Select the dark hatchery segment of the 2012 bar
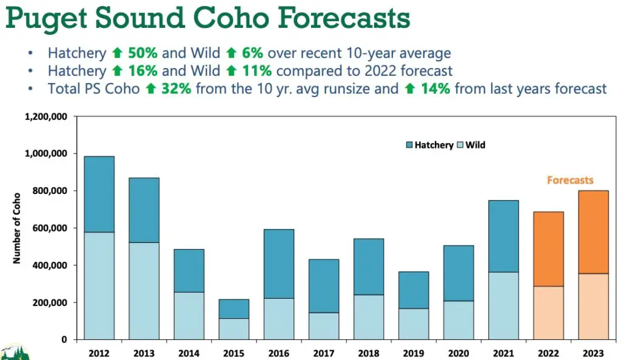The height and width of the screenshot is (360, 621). click(99, 194)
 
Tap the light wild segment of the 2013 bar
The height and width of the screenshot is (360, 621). click(144, 291)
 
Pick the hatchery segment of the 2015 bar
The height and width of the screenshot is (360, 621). click(234, 309)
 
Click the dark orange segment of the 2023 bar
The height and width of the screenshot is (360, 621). click(593, 232)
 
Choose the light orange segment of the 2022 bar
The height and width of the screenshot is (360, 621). click(548, 313)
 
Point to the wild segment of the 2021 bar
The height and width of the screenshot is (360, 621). click(503, 306)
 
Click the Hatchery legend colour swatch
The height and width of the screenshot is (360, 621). click(409, 145)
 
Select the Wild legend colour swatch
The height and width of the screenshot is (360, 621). click(460, 145)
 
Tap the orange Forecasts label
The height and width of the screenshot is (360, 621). click(570, 181)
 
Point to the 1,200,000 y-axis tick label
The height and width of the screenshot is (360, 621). click(46, 117)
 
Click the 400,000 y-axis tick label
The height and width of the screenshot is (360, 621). click(50, 265)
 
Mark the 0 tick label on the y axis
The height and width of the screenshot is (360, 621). click(64, 340)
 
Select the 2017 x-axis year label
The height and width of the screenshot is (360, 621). click(324, 353)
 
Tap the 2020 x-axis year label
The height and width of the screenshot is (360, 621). click(458, 353)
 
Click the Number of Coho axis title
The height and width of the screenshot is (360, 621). click(16, 228)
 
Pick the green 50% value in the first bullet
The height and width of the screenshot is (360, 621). click(143, 53)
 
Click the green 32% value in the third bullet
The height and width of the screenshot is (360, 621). click(176, 88)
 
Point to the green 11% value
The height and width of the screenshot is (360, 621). click(257, 71)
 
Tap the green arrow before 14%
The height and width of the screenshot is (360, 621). click(410, 88)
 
